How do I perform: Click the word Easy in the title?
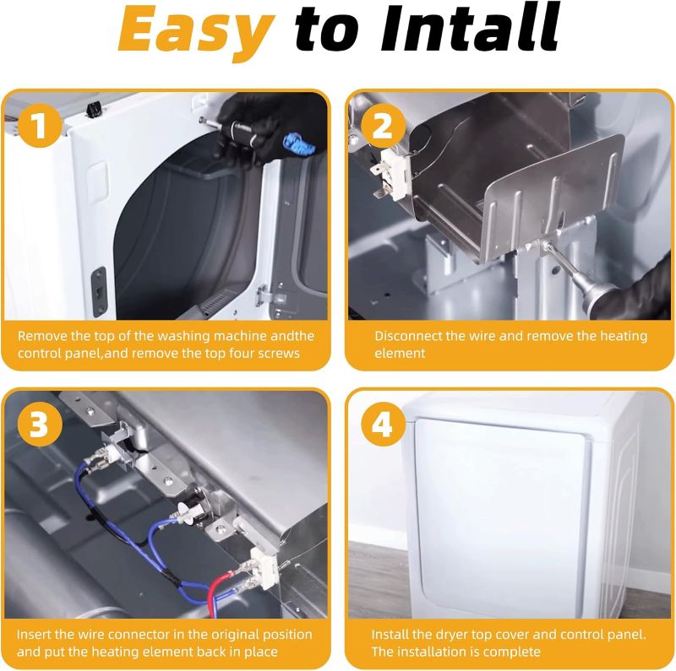coord(196,30)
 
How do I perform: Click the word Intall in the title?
coord(470,27)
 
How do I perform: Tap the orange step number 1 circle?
coord(40,125)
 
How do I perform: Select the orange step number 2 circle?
coord(383,127)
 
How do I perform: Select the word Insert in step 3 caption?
coord(34,635)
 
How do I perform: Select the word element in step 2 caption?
coord(400,354)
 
